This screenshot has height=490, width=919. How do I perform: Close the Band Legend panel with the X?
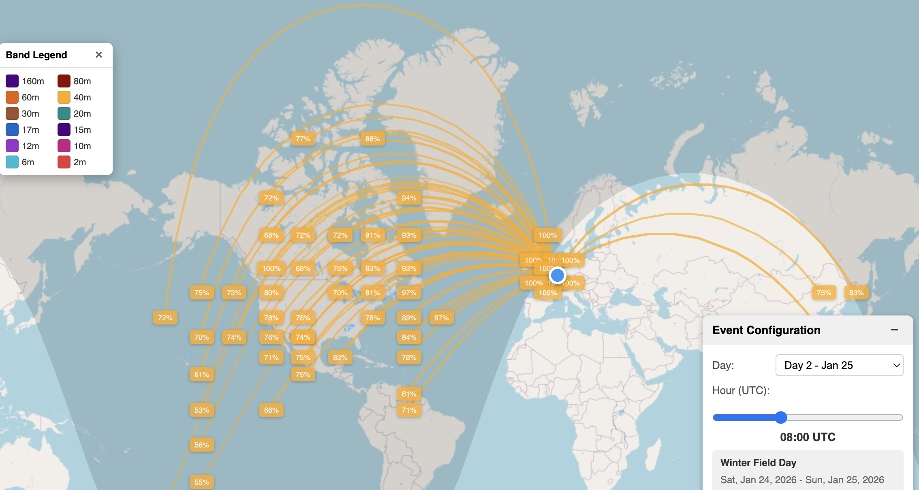click(x=98, y=55)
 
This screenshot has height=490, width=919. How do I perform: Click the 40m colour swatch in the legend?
click(x=64, y=97)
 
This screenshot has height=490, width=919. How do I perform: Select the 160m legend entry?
click(x=12, y=81)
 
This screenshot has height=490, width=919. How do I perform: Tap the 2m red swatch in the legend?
click(x=64, y=162)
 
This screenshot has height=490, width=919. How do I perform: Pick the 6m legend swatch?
click(x=12, y=162)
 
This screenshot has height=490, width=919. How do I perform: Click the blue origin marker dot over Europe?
click(x=558, y=275)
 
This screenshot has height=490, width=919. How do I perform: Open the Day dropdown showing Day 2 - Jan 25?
click(x=839, y=365)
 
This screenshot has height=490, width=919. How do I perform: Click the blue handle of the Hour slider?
click(x=781, y=418)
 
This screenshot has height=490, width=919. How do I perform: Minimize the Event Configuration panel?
click(x=894, y=330)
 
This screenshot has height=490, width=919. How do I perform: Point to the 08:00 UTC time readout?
click(x=808, y=437)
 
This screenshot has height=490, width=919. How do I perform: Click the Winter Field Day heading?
click(x=758, y=462)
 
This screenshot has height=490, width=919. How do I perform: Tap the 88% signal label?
click(x=372, y=139)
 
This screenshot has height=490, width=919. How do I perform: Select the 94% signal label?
click(x=409, y=198)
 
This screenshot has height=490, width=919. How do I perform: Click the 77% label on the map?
click(x=303, y=139)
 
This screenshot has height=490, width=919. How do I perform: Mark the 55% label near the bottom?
click(x=201, y=482)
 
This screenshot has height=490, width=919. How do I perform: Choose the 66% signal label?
click(x=271, y=410)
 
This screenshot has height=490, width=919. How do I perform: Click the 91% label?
click(x=372, y=235)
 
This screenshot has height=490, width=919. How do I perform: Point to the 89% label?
click(x=409, y=318)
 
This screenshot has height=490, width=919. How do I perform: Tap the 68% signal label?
click(x=271, y=235)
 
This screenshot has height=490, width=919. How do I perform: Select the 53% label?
click(x=201, y=410)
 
